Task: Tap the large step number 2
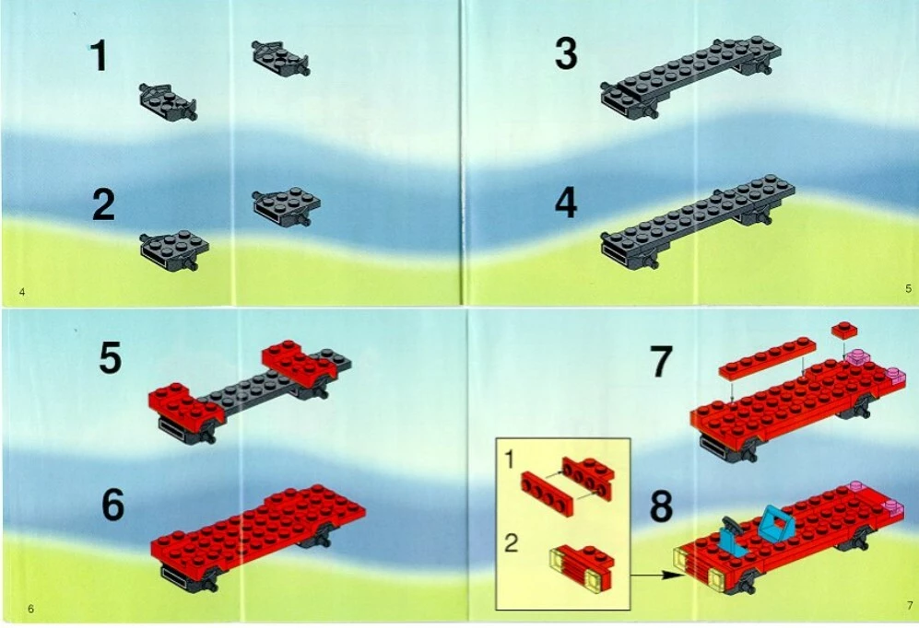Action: point(103,204)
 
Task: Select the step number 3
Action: point(566,53)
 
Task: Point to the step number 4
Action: point(566,203)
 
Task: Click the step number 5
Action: point(111,357)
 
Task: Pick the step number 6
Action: point(113,505)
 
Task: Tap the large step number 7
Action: point(661,361)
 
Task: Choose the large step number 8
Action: point(661,506)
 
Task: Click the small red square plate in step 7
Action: point(844,330)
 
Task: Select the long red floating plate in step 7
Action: point(767,356)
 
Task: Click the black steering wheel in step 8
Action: point(731,524)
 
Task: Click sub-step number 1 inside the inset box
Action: point(510,459)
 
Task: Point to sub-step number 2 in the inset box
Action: point(511,543)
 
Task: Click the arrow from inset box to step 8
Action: point(656,576)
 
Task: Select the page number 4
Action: point(22,292)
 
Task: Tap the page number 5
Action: point(909,288)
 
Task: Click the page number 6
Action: point(31,609)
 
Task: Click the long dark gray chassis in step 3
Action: point(691,76)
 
